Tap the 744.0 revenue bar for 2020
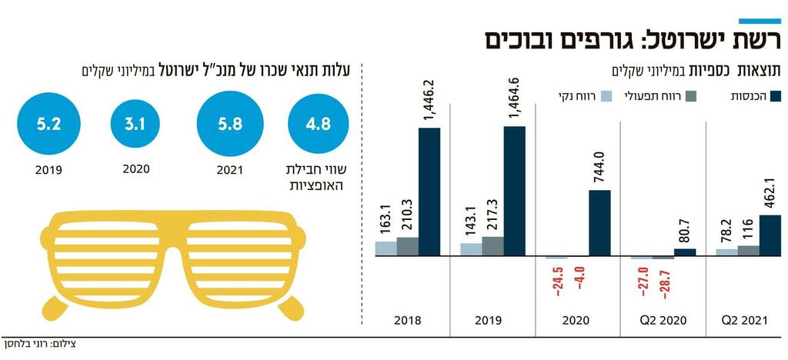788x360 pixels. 599,222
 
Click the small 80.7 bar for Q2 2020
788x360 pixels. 685,252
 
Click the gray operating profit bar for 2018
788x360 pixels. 408,246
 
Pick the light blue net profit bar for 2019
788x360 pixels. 471,249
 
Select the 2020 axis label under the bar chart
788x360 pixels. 578,320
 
